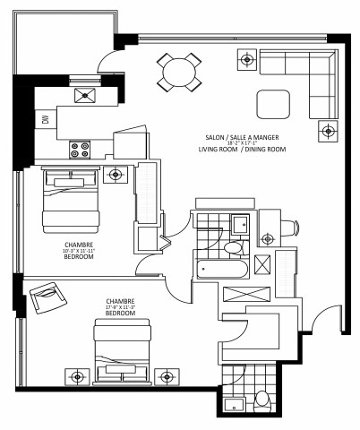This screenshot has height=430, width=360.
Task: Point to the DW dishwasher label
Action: [x=45, y=119]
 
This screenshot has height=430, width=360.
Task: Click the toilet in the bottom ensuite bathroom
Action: [x=261, y=398]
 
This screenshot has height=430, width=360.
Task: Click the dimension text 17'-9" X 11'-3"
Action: [x=119, y=307]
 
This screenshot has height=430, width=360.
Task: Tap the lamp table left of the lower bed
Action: [x=79, y=375]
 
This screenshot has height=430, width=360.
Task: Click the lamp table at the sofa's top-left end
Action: [x=246, y=61]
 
